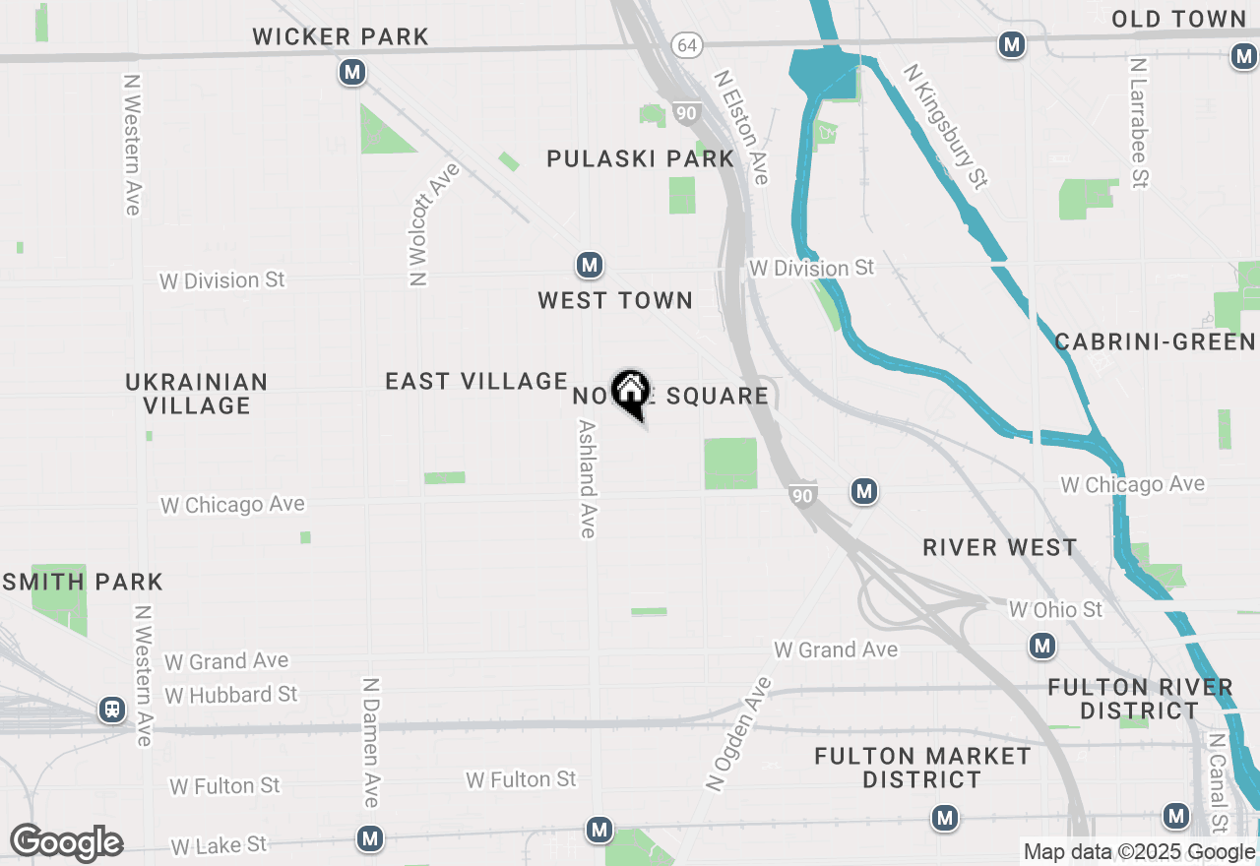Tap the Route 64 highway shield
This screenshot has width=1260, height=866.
pos(687,45)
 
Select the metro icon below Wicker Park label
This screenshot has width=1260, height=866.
pos(352,72)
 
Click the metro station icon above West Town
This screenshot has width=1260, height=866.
pos(589,265)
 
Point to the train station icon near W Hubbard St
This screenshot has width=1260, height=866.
pos(112,710)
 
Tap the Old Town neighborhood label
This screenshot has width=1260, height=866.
pos(1178,19)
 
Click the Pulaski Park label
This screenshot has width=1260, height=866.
pos(641,158)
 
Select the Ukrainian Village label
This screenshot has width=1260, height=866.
pos(197,393)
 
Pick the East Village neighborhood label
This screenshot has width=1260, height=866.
pos(476,381)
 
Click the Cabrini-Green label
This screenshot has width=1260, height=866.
pos(1155,341)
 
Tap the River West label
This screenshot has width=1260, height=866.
pos(1000,547)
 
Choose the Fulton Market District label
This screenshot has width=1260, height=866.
pos(922,768)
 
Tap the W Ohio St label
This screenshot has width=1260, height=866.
pos(1056,610)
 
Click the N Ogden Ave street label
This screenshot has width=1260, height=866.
pos(740,733)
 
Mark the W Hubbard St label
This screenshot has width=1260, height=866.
pos(231,695)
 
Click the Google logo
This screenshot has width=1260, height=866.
pos(66,842)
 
